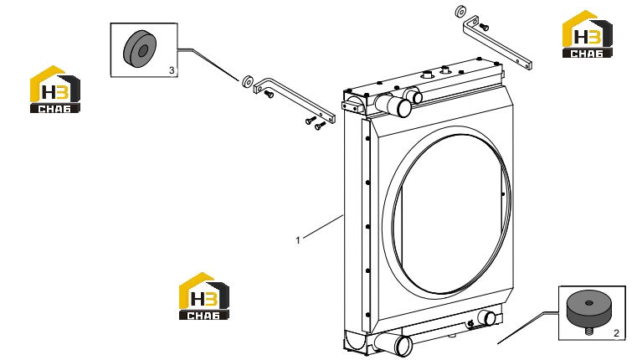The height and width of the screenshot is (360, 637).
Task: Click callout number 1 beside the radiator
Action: [x=298, y=240]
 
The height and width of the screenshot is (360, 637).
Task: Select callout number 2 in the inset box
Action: [x=616, y=333]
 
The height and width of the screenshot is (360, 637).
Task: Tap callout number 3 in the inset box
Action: [x=172, y=70]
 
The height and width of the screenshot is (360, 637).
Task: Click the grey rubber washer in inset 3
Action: [x=140, y=49]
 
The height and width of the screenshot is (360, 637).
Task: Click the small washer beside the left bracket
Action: [x=248, y=81]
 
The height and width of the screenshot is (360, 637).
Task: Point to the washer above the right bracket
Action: [x=460, y=12]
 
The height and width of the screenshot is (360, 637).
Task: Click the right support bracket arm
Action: [x=497, y=42]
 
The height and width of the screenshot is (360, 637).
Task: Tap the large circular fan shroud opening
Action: [x=446, y=214]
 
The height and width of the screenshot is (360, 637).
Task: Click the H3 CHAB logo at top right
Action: [x=587, y=34]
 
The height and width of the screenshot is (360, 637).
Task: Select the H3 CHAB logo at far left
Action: [x=55, y=90]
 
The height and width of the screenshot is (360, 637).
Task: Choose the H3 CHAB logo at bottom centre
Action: [x=204, y=296]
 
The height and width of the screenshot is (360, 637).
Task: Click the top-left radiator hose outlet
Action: [x=393, y=105]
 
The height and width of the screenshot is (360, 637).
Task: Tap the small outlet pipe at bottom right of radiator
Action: [x=486, y=317]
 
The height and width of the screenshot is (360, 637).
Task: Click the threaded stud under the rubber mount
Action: [x=588, y=331]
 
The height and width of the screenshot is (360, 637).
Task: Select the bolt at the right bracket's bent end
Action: [x=484, y=28]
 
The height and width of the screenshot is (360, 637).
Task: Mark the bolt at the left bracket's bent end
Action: [x=269, y=95]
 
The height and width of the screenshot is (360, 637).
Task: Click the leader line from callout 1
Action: [x=323, y=226]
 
